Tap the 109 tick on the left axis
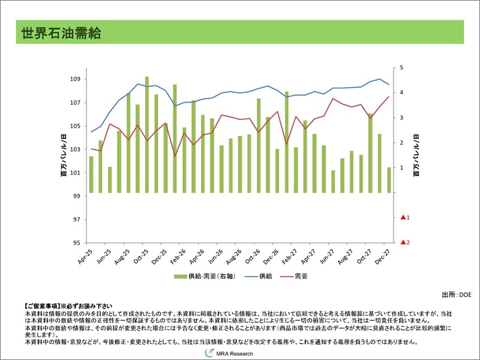pyautogui.click(x=75, y=79)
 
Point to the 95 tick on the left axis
pyautogui.click(x=77, y=243)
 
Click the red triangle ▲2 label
pyautogui.click(x=404, y=242)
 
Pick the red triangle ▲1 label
pyautogui.click(x=404, y=217)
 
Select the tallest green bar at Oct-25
pyautogui.click(x=147, y=135)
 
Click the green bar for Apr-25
pyautogui.click(x=91, y=175)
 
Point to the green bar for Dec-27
pyautogui.click(x=389, y=180)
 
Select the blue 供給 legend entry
pyautogui.click(x=259, y=277)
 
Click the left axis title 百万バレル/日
pyautogui.click(x=63, y=155)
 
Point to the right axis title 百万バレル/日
pyautogui.click(x=415, y=155)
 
